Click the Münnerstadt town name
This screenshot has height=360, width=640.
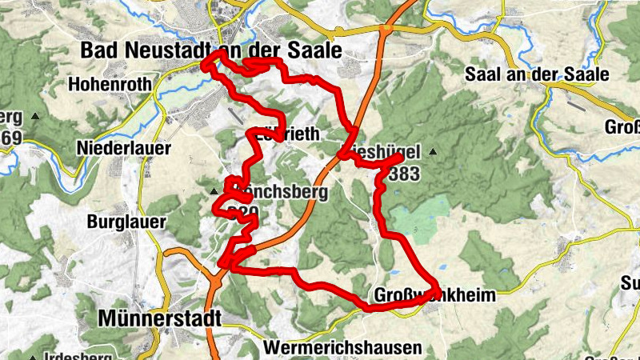159,318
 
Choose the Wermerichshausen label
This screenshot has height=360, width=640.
342,348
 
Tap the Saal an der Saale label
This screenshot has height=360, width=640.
537,75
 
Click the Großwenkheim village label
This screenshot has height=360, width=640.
434,295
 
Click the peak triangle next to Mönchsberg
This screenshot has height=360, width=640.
214,192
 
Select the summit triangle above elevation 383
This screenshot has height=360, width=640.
434,151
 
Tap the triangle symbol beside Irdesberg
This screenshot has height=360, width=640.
33,357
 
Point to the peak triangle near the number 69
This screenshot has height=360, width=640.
35,117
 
